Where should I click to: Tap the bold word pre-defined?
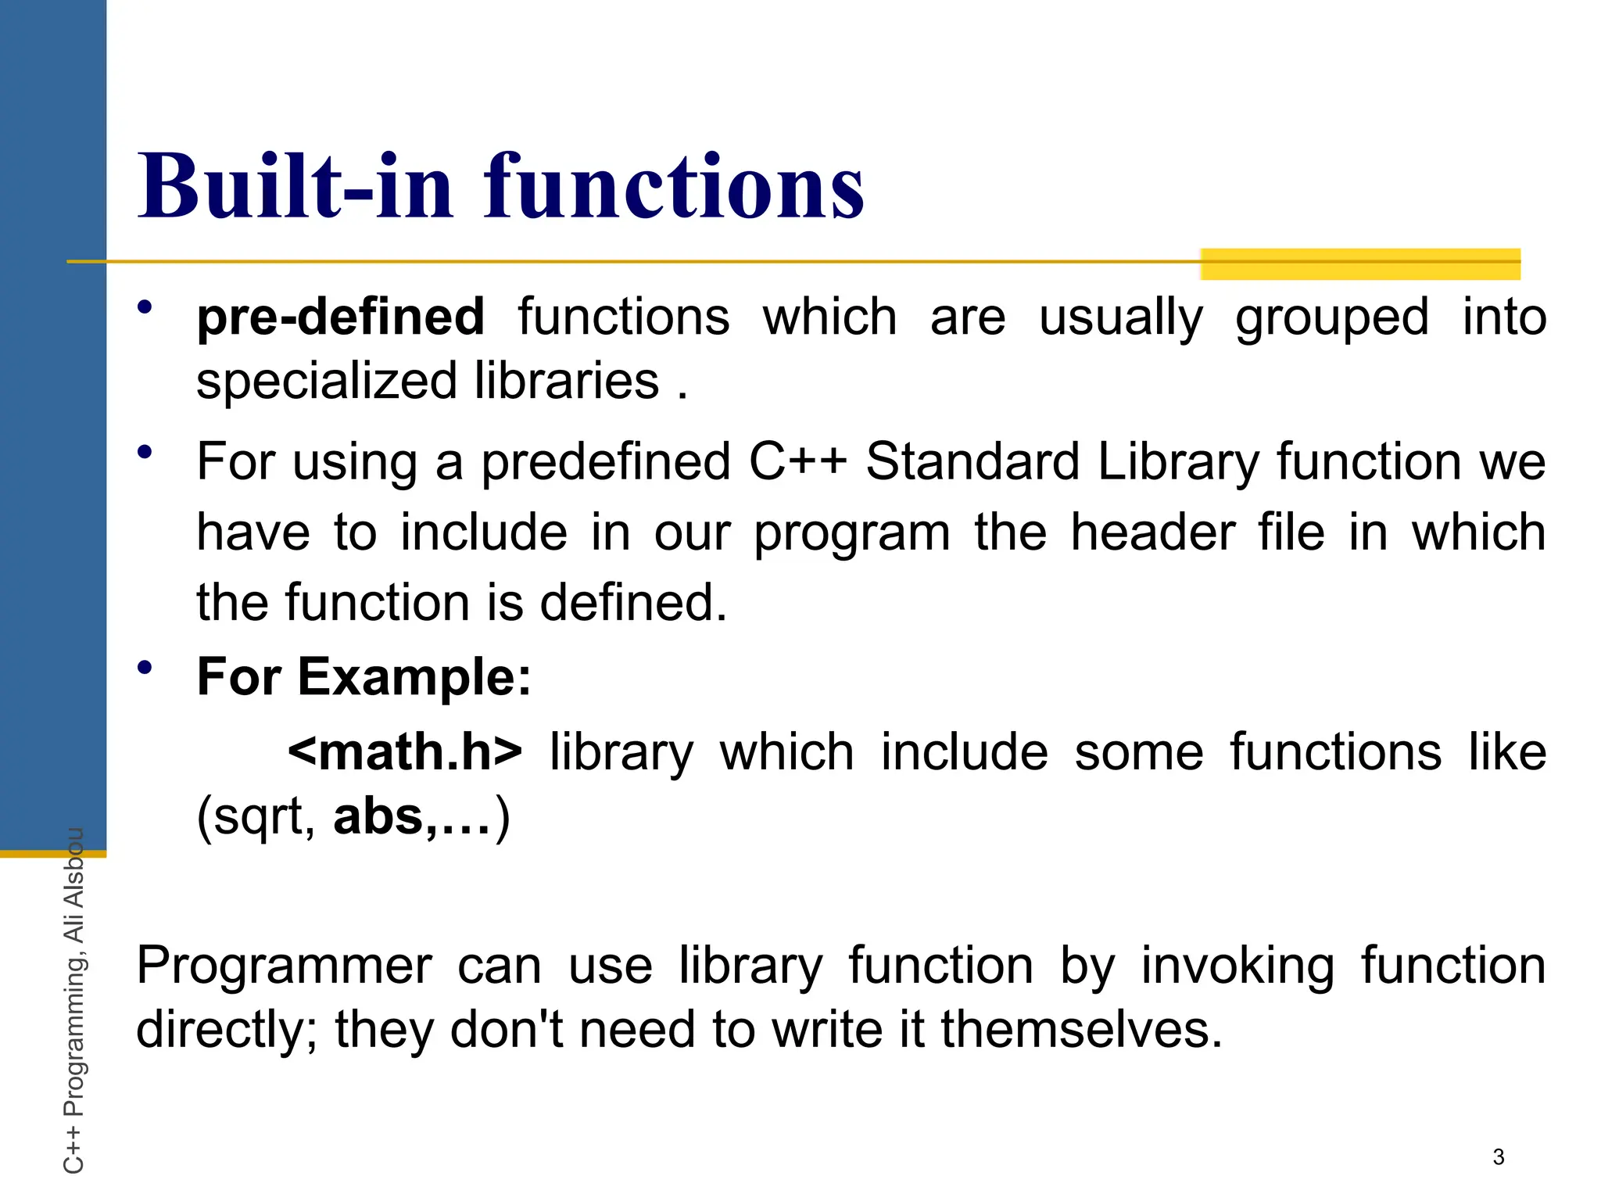click(340, 317)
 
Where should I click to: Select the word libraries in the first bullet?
click(567, 382)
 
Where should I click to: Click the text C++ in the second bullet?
click(797, 461)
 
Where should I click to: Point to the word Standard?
click(973, 461)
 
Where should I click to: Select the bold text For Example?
click(364, 676)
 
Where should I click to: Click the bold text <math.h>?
click(404, 751)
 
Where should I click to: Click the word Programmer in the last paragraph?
click(284, 966)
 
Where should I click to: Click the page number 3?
click(1498, 1156)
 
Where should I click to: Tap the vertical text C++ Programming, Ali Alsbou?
click(73, 1001)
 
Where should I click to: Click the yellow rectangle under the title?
click(1360, 264)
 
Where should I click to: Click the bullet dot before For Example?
click(145, 667)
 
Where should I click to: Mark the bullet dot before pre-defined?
click(145, 307)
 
